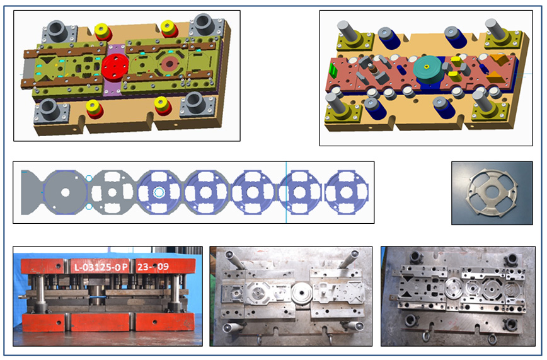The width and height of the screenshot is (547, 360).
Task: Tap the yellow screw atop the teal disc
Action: pyautogui.click(x=426, y=66)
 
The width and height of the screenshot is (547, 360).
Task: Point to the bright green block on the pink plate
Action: pyautogui.click(x=333, y=71)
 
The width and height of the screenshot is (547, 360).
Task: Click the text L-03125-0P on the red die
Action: pyautogui.click(x=101, y=267)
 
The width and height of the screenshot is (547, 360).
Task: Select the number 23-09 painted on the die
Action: pyautogui.click(x=153, y=267)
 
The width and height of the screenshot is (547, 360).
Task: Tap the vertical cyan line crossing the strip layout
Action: pyautogui.click(x=286, y=192)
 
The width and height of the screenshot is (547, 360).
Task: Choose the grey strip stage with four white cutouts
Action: pyautogui.click(x=112, y=192)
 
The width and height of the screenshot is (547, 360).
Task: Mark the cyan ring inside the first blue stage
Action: pyautogui.click(x=159, y=192)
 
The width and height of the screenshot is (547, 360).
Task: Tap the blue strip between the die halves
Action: pyautogui.click(x=99, y=296)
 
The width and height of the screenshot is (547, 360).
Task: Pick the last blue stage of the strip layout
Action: pyautogui.click(x=347, y=192)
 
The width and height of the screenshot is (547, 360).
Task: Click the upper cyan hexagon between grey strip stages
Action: pyautogui.click(x=89, y=178)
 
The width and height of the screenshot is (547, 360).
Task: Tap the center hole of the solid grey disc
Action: pyautogui.click(x=66, y=192)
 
